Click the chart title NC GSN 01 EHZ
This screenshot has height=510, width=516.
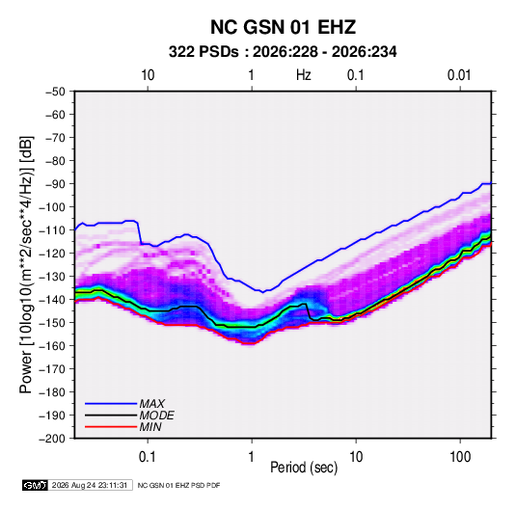click(283, 27)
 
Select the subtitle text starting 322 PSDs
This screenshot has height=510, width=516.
click(283, 52)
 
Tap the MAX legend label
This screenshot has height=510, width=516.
click(151, 403)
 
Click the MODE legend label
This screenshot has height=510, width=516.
click(156, 416)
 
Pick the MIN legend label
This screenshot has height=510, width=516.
click(150, 427)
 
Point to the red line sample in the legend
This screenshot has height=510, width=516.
click(111, 427)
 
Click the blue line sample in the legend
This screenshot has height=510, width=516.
click(111, 403)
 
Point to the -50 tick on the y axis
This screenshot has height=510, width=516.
click(55, 92)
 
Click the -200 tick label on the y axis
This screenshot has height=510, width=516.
click(52, 439)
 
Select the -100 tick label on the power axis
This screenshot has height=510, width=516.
click(52, 207)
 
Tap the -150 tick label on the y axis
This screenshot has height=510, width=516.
click(52, 323)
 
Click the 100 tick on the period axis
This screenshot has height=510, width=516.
click(460, 457)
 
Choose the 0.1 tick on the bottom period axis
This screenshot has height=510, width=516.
click(148, 457)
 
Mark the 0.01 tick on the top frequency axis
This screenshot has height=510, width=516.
click(459, 75)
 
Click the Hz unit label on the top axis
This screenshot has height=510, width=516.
click(304, 75)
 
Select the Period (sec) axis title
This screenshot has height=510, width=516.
click(304, 468)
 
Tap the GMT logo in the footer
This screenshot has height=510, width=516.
click(35, 485)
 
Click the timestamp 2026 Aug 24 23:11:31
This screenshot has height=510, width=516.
click(90, 485)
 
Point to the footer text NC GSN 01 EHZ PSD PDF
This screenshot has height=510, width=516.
click(178, 485)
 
